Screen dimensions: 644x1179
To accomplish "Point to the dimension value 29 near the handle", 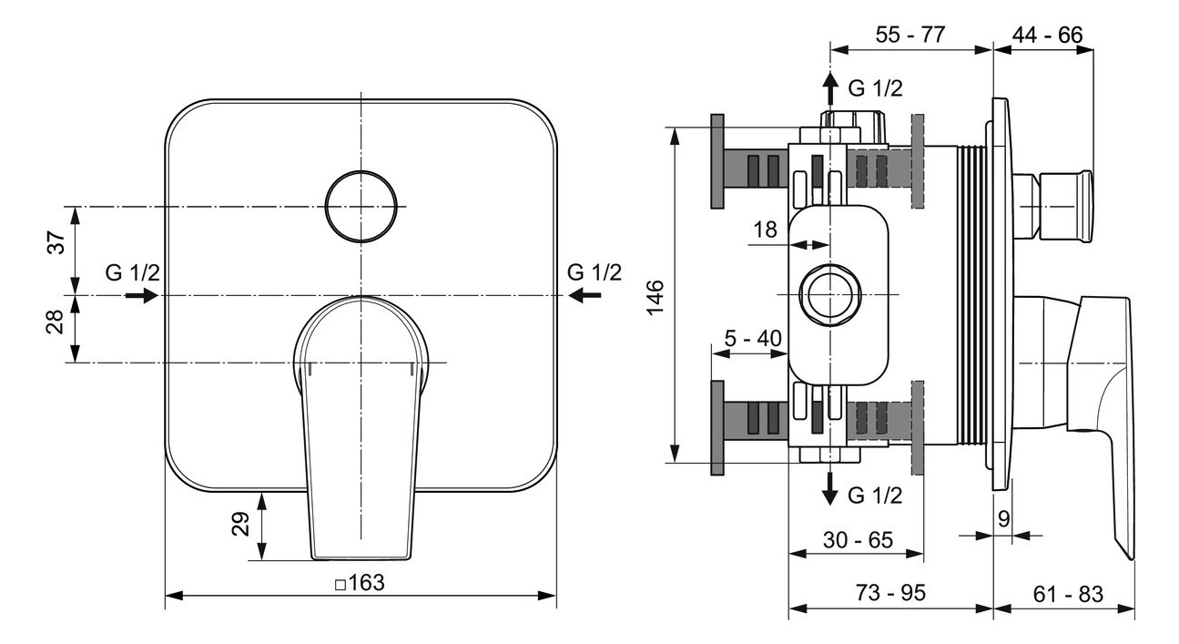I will click(x=240, y=526).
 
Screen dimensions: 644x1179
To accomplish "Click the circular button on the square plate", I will click(x=361, y=207).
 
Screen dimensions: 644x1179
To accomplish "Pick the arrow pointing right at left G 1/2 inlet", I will click(x=140, y=295).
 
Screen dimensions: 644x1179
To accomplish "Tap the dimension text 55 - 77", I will click(x=910, y=36).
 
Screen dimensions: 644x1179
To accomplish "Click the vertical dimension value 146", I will click(x=656, y=295).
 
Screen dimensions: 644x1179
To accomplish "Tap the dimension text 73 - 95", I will click(x=890, y=593).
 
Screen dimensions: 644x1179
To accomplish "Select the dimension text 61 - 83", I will click(x=1067, y=593).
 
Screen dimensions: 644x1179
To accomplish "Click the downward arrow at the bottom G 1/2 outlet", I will click(x=829, y=490).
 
